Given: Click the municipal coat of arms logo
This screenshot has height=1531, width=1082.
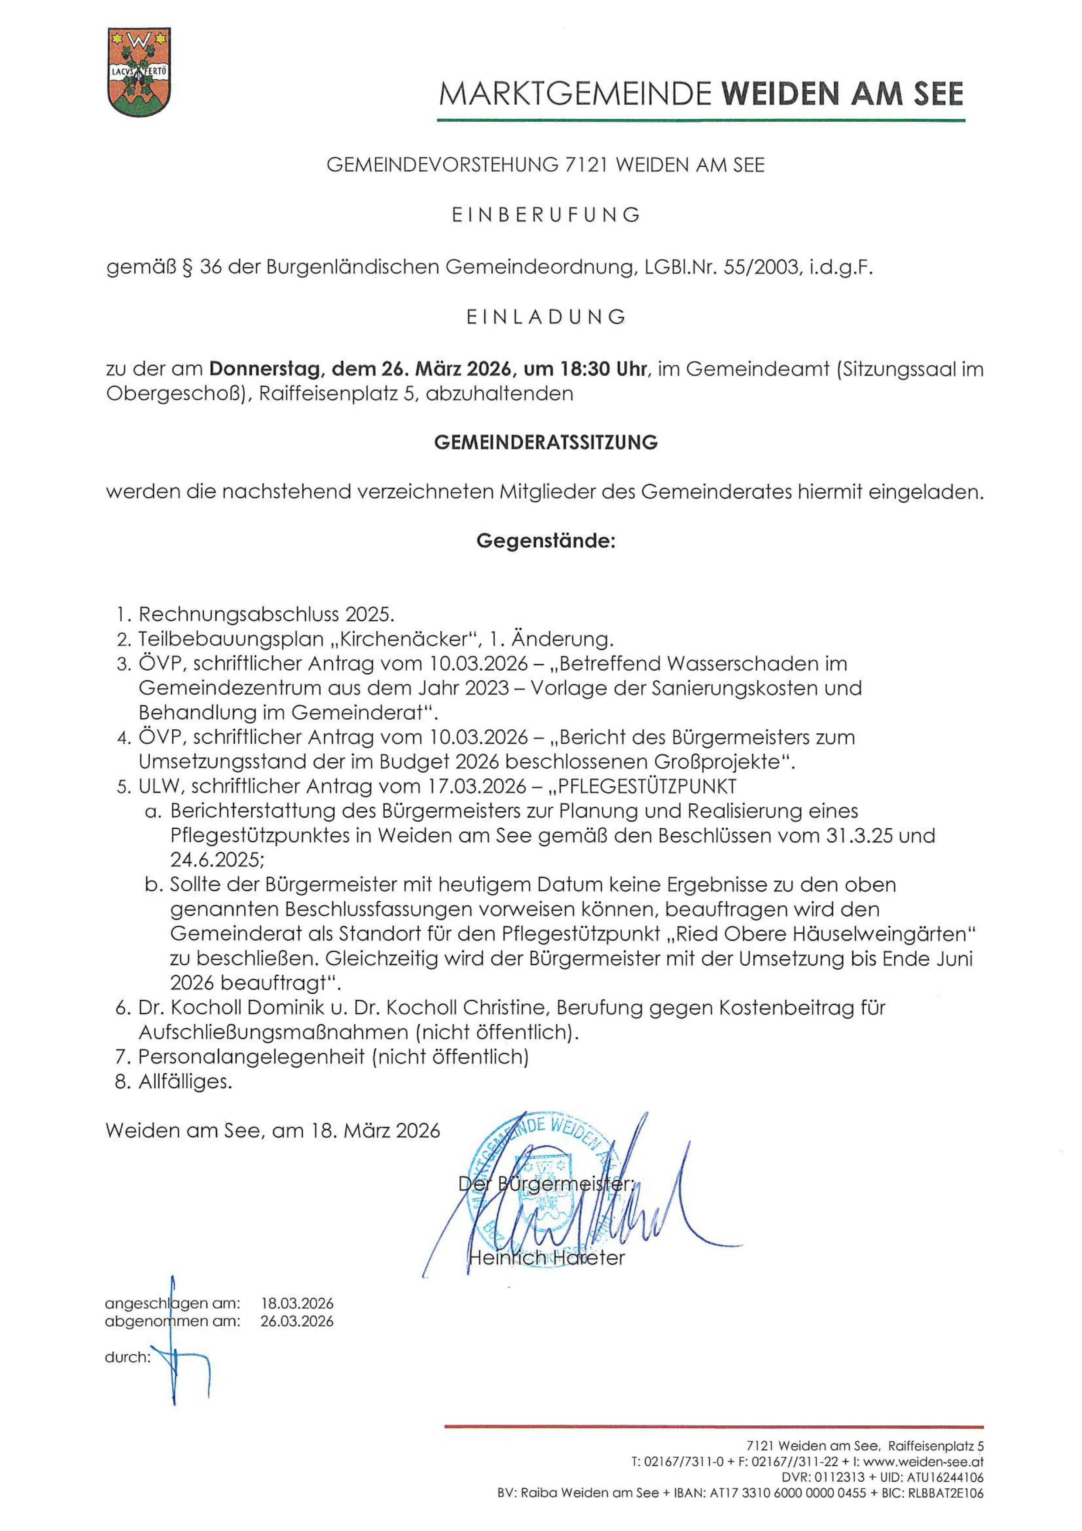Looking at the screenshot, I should [139, 72].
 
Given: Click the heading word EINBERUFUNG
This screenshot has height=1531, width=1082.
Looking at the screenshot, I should [546, 215].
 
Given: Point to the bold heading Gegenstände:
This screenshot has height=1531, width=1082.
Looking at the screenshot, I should [545, 540].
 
